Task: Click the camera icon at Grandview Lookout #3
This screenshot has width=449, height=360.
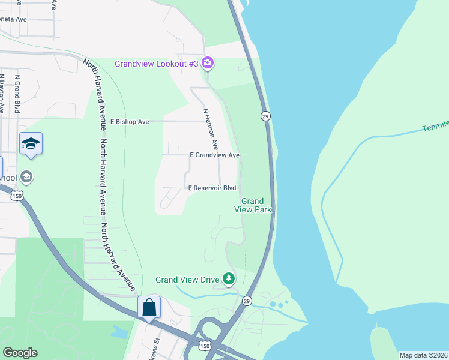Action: [208, 62]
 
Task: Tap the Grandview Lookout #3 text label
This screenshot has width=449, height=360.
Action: [156, 63]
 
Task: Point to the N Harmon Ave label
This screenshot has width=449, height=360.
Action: [210, 129]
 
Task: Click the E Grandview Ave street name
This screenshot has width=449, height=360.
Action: [214, 155]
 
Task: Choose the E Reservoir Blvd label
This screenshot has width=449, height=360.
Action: [212, 188]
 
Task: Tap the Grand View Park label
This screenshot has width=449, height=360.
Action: [253, 205]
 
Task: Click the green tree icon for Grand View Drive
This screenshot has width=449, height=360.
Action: [228, 278]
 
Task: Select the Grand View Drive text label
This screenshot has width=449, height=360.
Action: [187, 279]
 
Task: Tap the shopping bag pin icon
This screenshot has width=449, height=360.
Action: [149, 308]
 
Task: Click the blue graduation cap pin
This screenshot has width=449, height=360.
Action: [31, 144]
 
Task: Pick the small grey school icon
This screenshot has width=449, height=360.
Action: [26, 177]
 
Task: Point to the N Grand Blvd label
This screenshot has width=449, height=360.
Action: [17, 94]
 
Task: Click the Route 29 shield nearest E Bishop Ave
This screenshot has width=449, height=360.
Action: [264, 115]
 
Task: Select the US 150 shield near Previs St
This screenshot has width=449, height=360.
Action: [204, 347]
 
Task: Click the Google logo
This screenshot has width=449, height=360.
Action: [20, 353]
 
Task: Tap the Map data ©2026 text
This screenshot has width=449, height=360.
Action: [423, 355]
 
